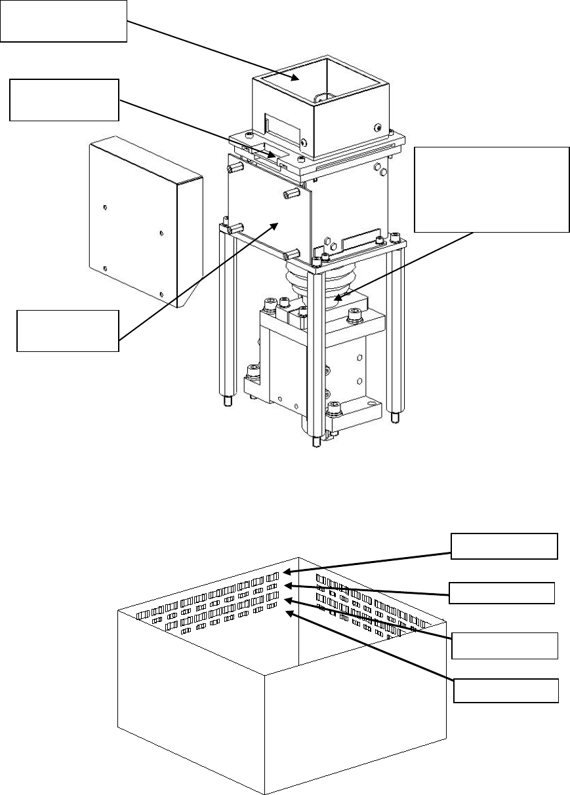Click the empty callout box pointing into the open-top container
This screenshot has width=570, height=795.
[63, 21]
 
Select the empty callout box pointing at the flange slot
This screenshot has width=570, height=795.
[64, 100]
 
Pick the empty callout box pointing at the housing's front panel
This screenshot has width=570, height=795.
[68, 331]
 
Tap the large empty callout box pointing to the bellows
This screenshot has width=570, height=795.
[492, 189]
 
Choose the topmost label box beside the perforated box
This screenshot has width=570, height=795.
[504, 546]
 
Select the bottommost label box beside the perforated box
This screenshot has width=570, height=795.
[507, 690]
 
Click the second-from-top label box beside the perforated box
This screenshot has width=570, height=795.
[502, 592]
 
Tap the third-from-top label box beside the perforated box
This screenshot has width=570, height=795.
[504, 645]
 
